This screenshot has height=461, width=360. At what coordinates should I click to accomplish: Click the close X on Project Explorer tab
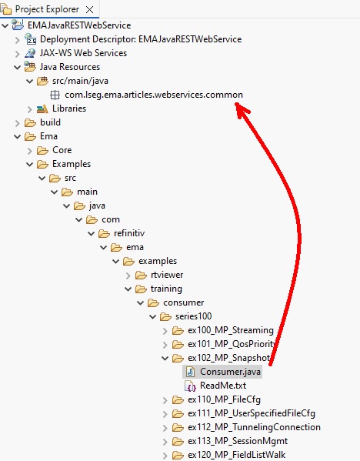[90, 10]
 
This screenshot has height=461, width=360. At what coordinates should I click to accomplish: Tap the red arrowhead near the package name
[242, 110]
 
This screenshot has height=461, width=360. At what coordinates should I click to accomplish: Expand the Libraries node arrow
[30, 109]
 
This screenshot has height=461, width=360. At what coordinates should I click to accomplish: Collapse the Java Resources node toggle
[18, 67]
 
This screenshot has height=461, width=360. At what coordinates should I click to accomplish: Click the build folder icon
[30, 122]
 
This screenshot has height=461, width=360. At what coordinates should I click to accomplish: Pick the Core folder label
[62, 150]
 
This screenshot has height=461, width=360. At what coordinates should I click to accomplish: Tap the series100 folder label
[193, 316]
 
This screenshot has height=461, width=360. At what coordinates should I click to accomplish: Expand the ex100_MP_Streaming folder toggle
[165, 331]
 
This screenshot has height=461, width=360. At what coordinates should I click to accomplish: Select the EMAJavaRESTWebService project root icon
[18, 25]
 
